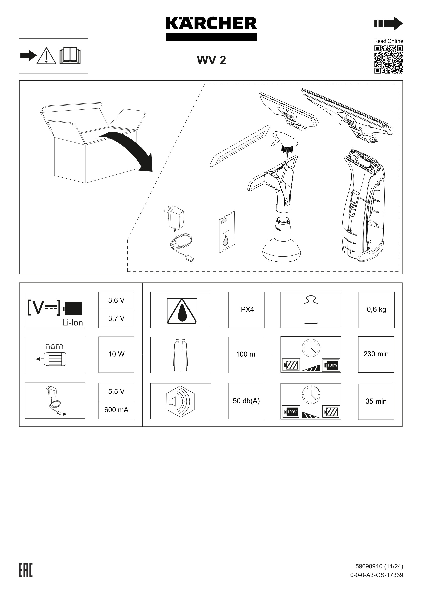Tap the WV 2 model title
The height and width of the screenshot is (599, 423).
coord(211,60)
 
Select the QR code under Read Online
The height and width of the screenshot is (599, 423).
coord(388,59)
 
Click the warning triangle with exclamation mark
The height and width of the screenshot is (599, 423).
coord(46,56)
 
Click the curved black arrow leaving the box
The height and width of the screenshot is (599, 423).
coord(130,149)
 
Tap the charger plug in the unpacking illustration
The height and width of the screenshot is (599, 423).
coord(176,218)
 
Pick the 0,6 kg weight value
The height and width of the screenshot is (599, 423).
coord(376,310)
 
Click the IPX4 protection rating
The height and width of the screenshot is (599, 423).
coord(246,310)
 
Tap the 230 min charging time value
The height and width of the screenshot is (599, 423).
coord(376,354)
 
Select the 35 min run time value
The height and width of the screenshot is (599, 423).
coord(376,401)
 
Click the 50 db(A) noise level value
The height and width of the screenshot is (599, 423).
coord(246,401)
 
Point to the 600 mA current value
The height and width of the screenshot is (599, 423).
coord(116,410)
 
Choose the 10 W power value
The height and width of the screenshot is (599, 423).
coord(116,354)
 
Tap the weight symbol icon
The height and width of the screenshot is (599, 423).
coord(311,310)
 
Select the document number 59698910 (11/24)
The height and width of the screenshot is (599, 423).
coord(379,566)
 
